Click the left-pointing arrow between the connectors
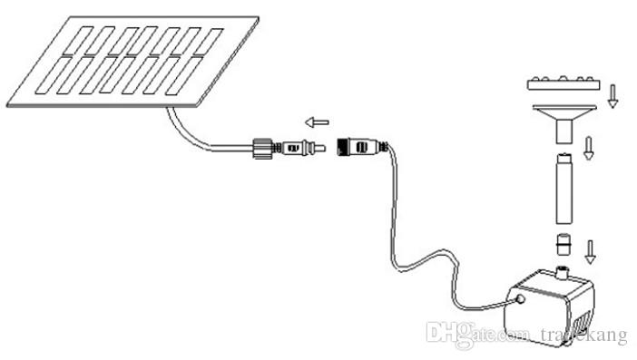point(317,122)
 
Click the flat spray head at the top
point(565,86)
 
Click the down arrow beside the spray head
point(612,94)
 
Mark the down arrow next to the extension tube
point(589,147)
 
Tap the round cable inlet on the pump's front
point(520,297)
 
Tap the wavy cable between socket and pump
point(408,255)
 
